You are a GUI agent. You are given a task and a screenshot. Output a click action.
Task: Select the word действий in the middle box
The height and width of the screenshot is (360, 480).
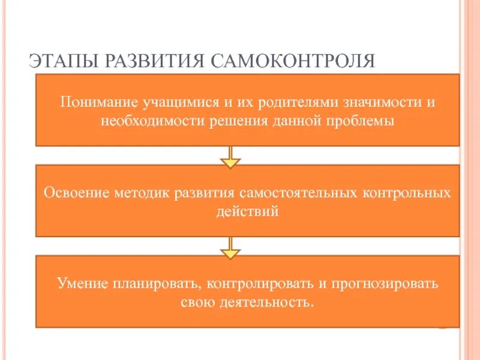point(247,212)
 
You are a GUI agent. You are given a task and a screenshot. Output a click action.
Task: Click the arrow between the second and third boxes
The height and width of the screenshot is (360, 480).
point(230,247)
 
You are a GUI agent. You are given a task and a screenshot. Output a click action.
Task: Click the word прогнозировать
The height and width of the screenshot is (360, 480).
point(382,283)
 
